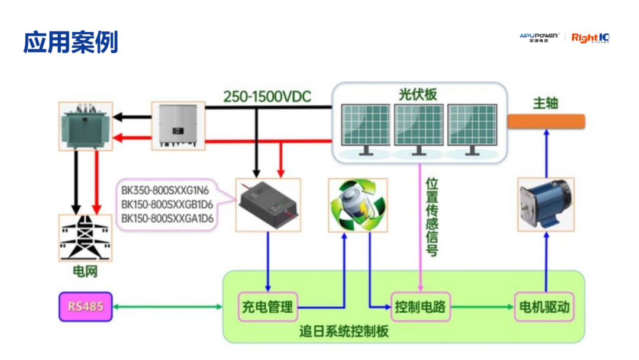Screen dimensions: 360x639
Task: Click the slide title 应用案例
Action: click(x=70, y=43)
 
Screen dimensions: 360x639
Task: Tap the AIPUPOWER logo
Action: click(x=539, y=38)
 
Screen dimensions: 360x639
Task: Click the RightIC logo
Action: click(x=590, y=38)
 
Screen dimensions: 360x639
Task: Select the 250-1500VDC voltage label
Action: click(x=267, y=97)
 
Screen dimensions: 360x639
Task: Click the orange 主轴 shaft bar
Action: click(x=546, y=121)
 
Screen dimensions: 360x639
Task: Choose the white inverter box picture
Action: click(x=179, y=125)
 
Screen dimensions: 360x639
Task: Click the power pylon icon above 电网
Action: click(x=85, y=237)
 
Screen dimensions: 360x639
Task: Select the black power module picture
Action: click(x=268, y=204)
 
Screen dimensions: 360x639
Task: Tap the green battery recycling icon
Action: click(x=357, y=204)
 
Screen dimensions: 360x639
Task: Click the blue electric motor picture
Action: click(x=546, y=204)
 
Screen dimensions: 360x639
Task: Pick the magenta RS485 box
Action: click(x=85, y=307)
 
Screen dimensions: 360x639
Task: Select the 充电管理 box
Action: click(x=267, y=307)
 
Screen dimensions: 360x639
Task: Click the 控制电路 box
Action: click(x=420, y=307)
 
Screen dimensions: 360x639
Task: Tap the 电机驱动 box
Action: click(x=545, y=307)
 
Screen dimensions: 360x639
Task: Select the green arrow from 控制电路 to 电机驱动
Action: click(x=480, y=307)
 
